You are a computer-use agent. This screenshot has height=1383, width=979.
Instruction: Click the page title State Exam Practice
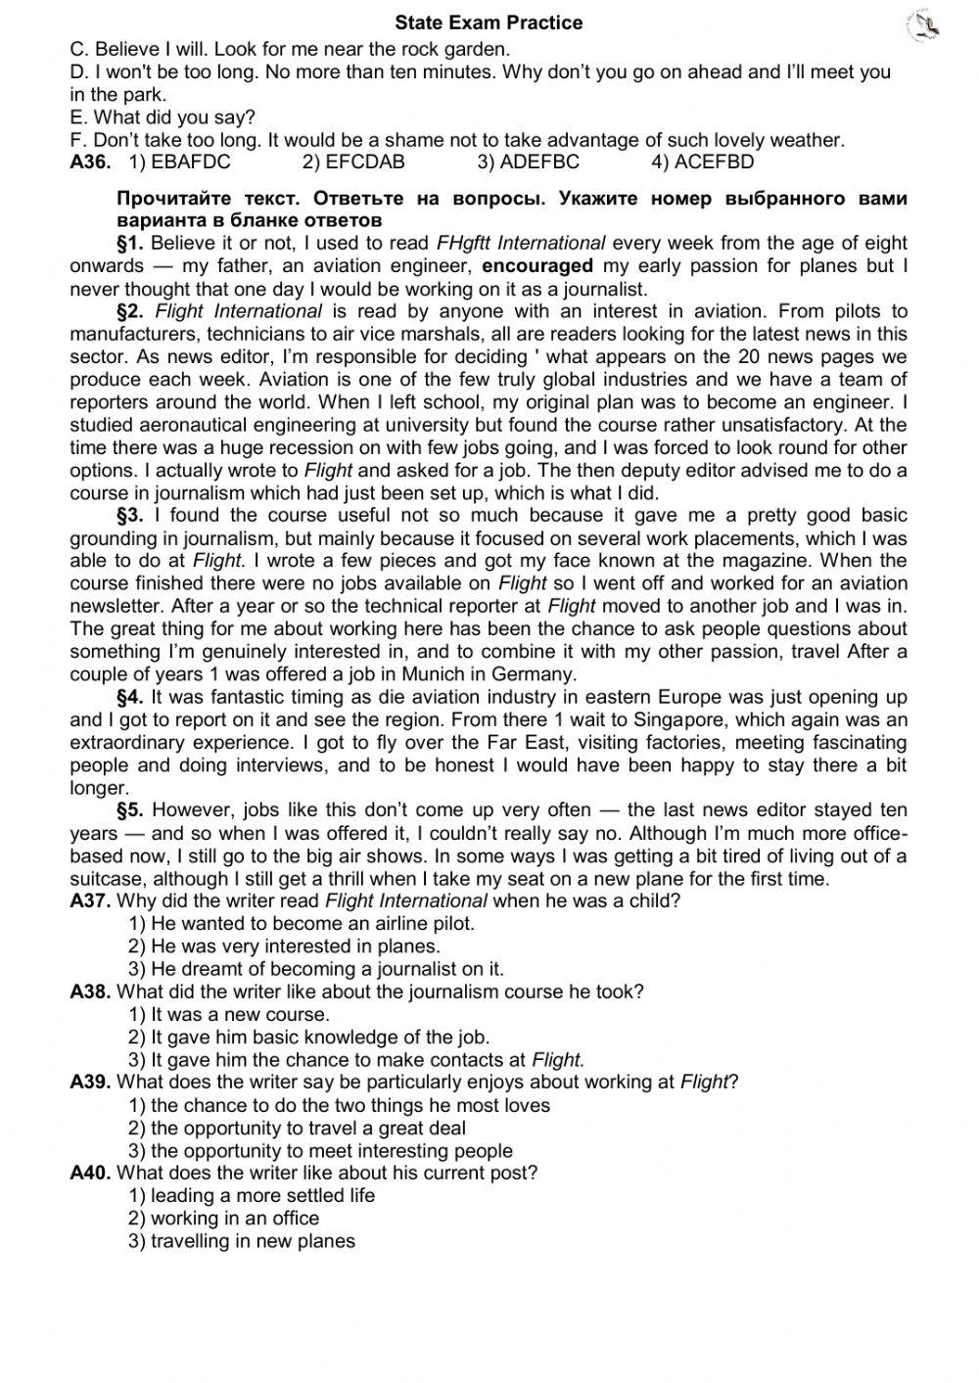pyautogui.click(x=489, y=23)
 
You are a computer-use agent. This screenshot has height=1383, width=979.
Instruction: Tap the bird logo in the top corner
pyautogui.click(x=923, y=26)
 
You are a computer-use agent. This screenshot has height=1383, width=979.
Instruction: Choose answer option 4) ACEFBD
pyautogui.click(x=703, y=162)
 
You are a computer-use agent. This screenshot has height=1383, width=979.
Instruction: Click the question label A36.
pyautogui.click(x=90, y=162)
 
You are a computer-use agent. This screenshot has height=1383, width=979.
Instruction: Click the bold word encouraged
pyautogui.click(x=537, y=265)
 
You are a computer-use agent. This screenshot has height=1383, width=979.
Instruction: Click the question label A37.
pyautogui.click(x=90, y=900)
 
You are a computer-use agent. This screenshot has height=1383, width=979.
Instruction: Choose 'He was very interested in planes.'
pyautogui.click(x=285, y=946)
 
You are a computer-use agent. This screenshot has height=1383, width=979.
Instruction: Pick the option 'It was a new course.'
pyautogui.click(x=230, y=1014)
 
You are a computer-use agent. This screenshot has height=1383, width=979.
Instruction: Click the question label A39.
pyautogui.click(x=90, y=1082)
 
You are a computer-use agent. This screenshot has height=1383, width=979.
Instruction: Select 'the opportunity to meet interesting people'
pyautogui.click(x=321, y=1151)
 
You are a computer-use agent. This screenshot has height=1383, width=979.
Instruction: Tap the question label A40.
pyautogui.click(x=90, y=1173)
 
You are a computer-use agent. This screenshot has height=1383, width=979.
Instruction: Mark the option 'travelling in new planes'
pyautogui.click(x=242, y=1241)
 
